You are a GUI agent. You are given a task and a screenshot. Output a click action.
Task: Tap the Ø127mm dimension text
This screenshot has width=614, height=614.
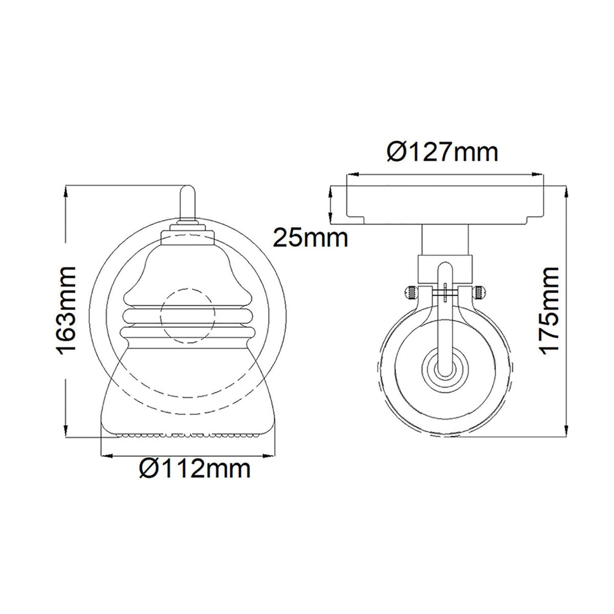pyautogui.click(x=443, y=152)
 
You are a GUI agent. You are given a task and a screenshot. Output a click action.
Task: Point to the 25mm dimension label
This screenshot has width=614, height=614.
pyautogui.click(x=311, y=238)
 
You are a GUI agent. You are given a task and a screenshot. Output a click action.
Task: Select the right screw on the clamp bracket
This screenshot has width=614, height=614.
pyautogui.click(x=478, y=293)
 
